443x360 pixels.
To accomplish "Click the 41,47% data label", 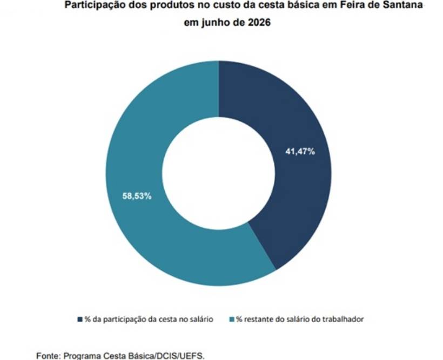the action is pos(300,152).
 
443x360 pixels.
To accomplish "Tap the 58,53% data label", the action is pos(137,196).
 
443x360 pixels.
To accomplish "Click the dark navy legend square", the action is pos(80,320).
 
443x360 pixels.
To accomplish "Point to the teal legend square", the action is pos(232,320).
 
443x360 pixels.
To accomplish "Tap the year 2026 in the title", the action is pos(259,22).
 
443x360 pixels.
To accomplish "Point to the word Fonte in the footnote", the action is pos(49,356).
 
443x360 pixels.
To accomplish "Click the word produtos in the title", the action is pos(171,5).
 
